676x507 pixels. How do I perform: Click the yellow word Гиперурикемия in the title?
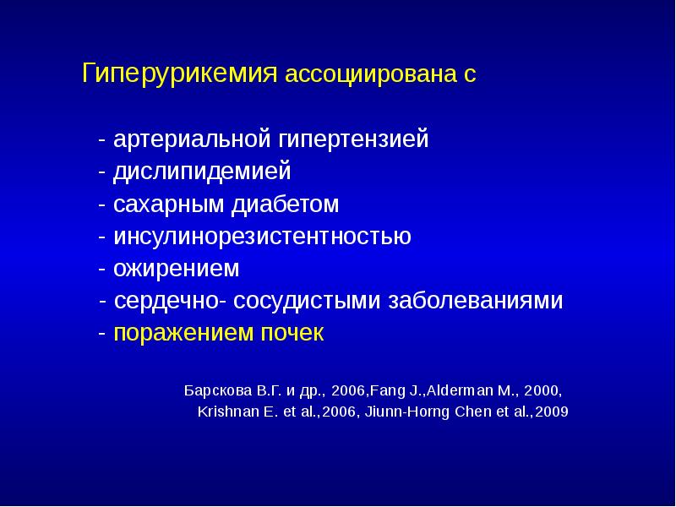pyautogui.click(x=180, y=74)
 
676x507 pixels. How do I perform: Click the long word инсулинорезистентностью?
pyautogui.click(x=263, y=237)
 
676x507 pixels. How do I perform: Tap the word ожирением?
pyautogui.click(x=177, y=269)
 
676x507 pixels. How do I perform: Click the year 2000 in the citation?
pyautogui.click(x=542, y=392)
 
